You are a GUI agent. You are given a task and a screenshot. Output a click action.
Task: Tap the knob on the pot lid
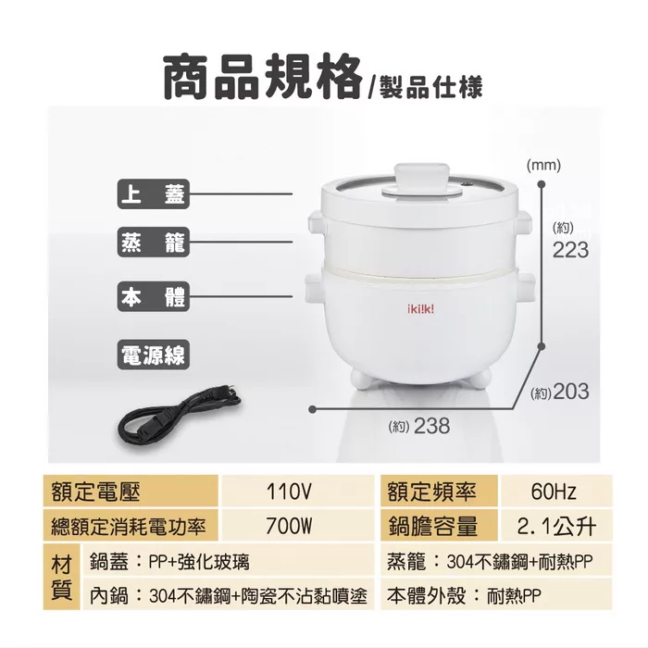tap(421, 180)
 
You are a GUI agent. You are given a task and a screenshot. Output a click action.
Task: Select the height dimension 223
tap(570, 250)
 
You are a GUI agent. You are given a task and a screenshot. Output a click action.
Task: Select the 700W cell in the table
tap(289, 526)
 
